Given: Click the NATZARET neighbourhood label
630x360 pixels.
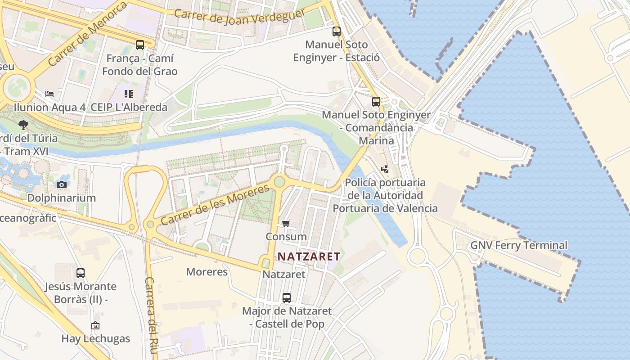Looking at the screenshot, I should coord(309,256).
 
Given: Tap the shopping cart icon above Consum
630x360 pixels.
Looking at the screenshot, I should coord(286,223).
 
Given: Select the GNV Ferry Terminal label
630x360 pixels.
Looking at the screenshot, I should coord(519,245).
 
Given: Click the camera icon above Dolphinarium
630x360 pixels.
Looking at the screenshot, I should coord(62,184).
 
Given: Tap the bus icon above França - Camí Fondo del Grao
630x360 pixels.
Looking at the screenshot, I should coord(140,45).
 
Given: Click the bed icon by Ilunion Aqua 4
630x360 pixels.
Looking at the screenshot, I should coord(49,94).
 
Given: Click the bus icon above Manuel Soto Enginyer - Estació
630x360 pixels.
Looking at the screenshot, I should coord(337,31).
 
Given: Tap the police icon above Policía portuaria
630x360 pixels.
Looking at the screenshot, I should coord(385,169).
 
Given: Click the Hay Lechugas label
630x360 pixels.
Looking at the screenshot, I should coord(95,338).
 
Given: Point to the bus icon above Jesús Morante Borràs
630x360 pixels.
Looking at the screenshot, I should coord(81,273).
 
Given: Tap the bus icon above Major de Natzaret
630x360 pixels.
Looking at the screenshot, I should coord(287,297).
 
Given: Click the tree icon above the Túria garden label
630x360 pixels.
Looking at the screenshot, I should coord(23,125).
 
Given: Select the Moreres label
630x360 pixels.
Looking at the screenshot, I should coord(207,272).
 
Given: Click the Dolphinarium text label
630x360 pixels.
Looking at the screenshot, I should coord(62,198).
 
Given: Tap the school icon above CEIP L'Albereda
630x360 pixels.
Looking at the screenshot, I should coord(129,94).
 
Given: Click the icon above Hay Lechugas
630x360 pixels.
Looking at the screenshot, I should coord(95,325).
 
